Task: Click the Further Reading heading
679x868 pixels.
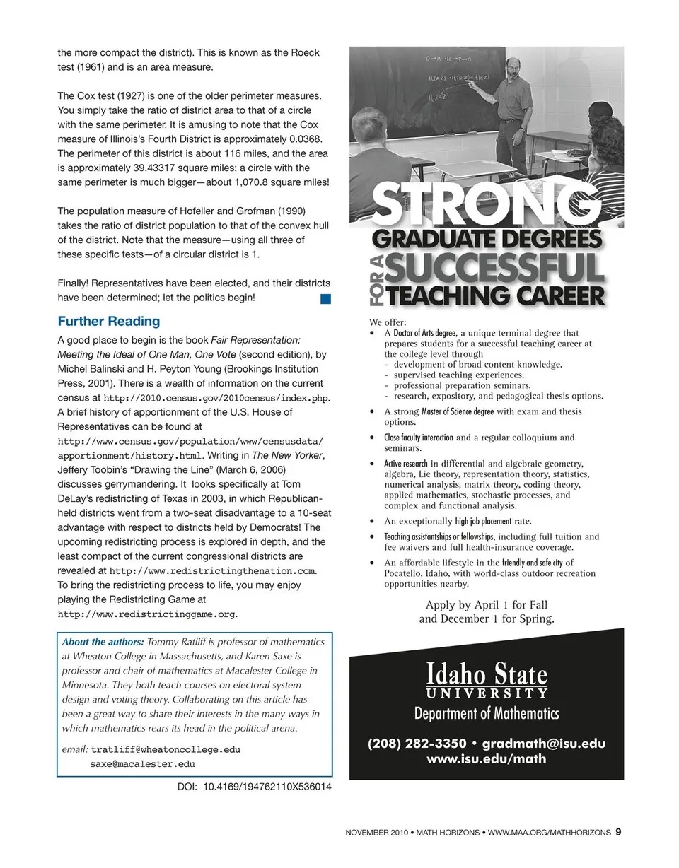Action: pyautogui.click(x=108, y=321)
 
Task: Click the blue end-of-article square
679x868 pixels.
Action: pyautogui.click(x=325, y=299)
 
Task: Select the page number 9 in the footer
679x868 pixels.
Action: pyautogui.click(x=618, y=832)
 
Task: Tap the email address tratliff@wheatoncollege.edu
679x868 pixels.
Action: pyautogui.click(x=166, y=749)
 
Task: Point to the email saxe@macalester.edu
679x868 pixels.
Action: pyautogui.click(x=142, y=763)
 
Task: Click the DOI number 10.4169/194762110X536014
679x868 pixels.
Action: pyautogui.click(x=267, y=786)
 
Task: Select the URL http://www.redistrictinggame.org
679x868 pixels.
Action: pyautogui.click(x=146, y=614)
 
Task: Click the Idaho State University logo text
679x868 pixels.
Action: pyautogui.click(x=487, y=680)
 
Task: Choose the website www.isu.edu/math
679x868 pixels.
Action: pyautogui.click(x=487, y=759)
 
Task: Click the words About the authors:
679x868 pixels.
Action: pyautogui.click(x=103, y=642)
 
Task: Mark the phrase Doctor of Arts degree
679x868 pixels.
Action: pyautogui.click(x=424, y=333)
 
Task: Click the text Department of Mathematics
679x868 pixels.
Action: pyautogui.click(x=487, y=713)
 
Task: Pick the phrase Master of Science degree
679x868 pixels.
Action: pyautogui.click(x=458, y=411)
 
